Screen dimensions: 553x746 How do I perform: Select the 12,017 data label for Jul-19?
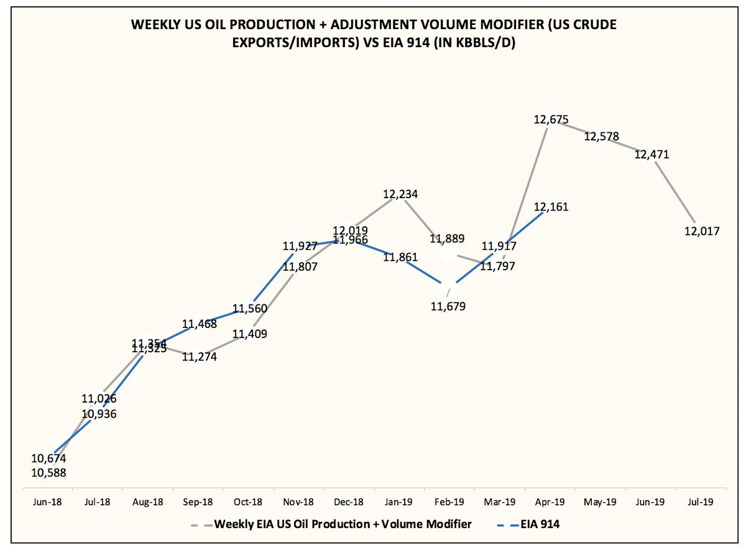pos(702,231)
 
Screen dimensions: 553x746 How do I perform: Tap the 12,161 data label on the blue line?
pos(551,207)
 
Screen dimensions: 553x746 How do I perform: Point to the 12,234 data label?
pos(400,194)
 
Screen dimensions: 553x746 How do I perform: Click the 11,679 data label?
pos(449,306)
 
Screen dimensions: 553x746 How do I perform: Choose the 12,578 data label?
pos(601,136)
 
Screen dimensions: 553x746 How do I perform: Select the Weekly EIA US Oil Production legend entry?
pos(343,524)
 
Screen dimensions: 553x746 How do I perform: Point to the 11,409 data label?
pos(249,334)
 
